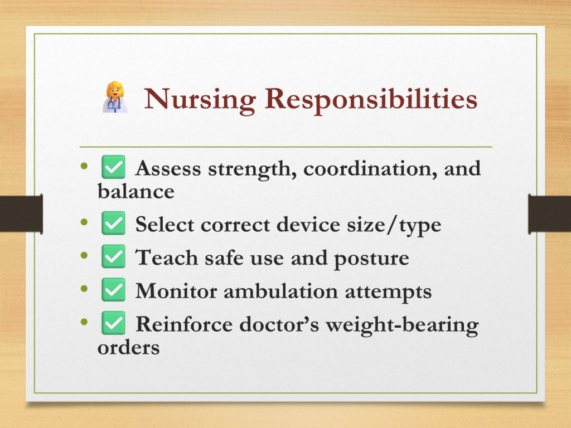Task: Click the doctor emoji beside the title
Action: (x=115, y=97)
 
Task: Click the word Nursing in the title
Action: (x=200, y=99)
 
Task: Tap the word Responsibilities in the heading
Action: (x=371, y=99)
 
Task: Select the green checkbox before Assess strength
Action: (x=113, y=167)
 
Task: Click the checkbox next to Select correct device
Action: (x=113, y=223)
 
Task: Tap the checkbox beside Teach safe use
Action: (x=113, y=256)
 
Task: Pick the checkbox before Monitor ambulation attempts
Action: (x=113, y=290)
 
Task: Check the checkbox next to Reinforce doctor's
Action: (x=113, y=323)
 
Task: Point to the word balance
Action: (x=136, y=192)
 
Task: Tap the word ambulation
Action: (x=281, y=291)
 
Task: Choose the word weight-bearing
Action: (x=402, y=325)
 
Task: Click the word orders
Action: (x=129, y=348)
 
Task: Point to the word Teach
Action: (x=167, y=257)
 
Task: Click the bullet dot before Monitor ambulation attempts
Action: (x=85, y=289)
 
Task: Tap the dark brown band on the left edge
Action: (x=22, y=213)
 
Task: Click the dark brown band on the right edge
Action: (x=549, y=213)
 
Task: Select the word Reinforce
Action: (x=184, y=324)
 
